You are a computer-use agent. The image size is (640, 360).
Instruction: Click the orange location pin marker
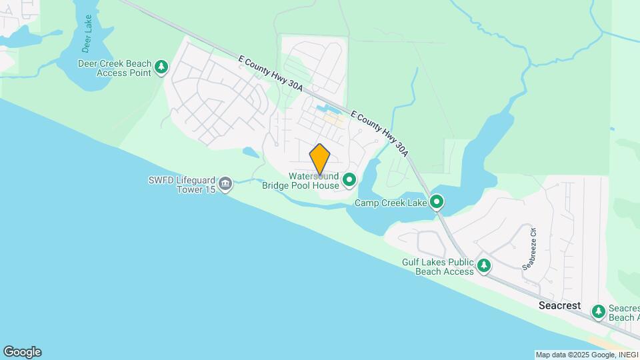[320, 159]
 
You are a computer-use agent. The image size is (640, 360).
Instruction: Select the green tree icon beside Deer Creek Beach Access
[161, 67]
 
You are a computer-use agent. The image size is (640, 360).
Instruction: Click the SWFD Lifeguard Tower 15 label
[182, 185]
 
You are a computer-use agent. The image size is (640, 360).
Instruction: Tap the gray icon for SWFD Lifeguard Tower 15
[226, 184]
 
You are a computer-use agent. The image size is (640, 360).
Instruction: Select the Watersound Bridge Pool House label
[313, 181]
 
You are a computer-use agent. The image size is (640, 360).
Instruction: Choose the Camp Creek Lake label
[390, 203]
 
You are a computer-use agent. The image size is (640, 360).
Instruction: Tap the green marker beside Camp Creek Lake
[437, 201]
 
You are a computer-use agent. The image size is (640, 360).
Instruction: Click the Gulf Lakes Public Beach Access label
[438, 267]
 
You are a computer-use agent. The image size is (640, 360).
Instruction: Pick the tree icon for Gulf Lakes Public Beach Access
[484, 267]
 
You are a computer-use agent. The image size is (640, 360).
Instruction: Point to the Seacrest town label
[559, 306]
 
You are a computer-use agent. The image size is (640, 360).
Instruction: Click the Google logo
[22, 351]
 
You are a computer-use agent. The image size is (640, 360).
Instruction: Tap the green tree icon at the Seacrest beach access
[599, 311]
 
